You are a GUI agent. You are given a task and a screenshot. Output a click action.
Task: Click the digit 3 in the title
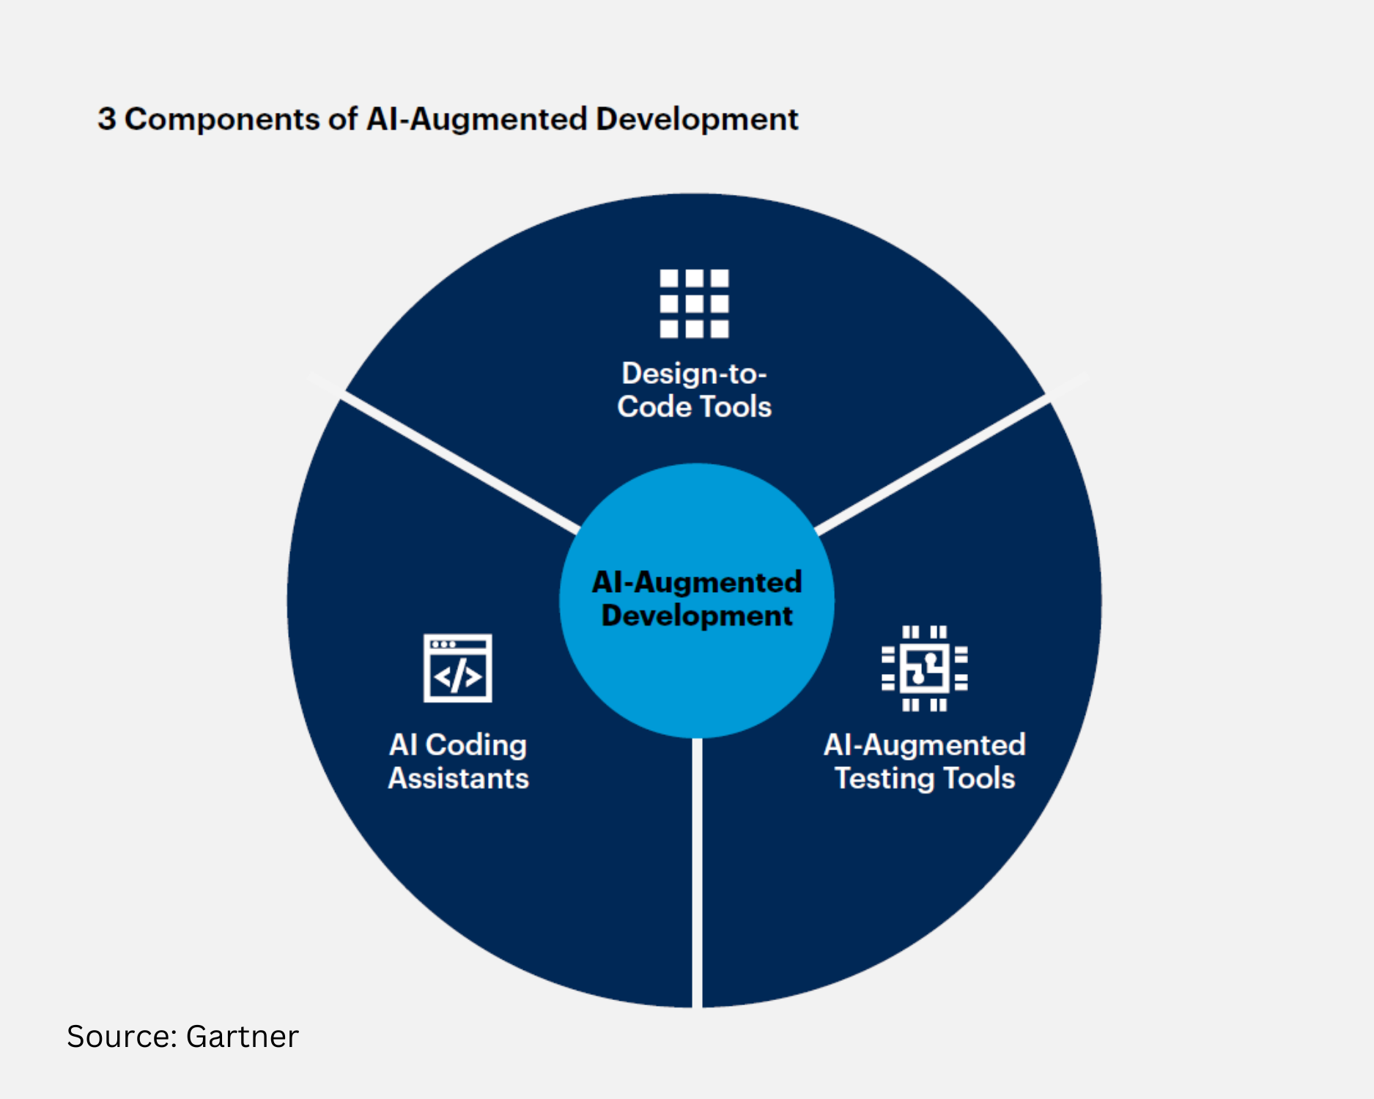(107, 119)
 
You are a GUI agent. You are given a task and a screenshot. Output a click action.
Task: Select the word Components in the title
(222, 119)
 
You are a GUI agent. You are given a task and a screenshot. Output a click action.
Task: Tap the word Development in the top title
(696, 119)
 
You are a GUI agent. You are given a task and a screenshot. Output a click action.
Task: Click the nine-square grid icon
(694, 303)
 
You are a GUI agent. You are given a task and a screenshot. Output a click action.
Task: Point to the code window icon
(458, 668)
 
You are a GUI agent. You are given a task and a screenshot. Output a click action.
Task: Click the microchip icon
(924, 668)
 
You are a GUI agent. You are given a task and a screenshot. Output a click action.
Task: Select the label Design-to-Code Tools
(694, 390)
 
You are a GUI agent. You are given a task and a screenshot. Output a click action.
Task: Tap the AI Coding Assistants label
(458, 761)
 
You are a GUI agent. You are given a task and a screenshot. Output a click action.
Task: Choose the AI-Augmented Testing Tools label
(924, 761)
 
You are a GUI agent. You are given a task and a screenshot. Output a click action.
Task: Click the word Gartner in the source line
(242, 1037)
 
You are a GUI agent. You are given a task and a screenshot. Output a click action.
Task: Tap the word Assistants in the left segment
(458, 778)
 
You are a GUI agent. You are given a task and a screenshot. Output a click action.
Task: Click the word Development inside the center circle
(696, 615)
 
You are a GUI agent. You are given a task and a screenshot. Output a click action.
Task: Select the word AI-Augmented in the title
(476, 119)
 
